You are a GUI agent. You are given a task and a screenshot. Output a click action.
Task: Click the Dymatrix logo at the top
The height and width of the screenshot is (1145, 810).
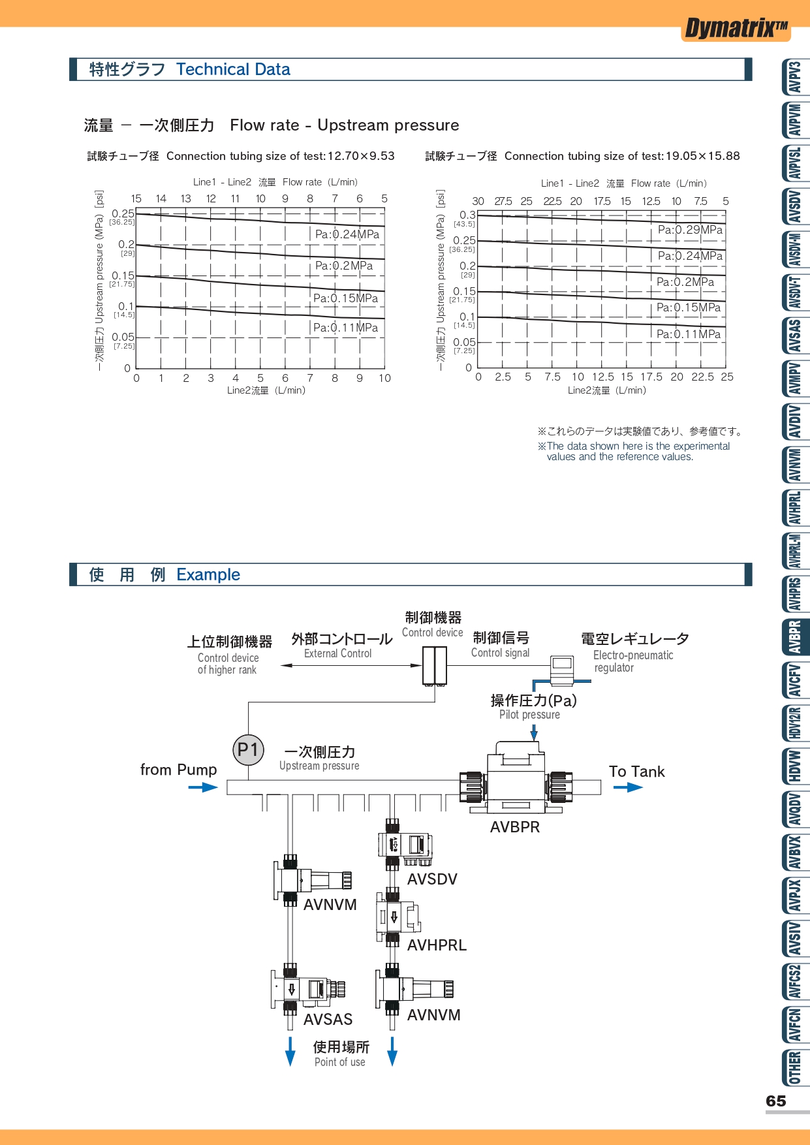coord(736,29)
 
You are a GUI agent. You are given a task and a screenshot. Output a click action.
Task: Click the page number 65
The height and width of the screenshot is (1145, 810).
coord(775,1101)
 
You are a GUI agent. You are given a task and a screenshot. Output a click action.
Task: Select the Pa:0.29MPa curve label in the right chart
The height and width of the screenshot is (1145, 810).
coord(690,230)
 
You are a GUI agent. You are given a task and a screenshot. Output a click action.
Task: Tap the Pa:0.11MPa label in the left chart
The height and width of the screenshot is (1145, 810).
coord(345,328)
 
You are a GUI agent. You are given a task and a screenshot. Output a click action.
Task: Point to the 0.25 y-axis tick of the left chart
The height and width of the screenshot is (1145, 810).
coord(123,213)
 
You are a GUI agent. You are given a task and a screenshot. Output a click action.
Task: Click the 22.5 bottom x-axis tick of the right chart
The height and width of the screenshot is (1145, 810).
coord(702,377)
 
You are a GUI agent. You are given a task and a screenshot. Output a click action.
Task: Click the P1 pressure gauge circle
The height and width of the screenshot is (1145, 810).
coord(248,749)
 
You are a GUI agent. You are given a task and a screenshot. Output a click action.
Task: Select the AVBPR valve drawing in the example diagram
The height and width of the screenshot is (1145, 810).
coord(516,779)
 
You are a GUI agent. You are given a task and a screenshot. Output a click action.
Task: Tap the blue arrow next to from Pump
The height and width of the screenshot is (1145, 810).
coord(203,787)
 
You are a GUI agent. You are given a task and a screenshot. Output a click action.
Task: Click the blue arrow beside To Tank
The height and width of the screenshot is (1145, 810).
coord(628,787)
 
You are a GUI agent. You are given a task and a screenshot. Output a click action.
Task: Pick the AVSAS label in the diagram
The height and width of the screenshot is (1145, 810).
coord(328,1019)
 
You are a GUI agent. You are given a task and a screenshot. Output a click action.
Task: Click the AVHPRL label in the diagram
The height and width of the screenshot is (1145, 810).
coord(437,945)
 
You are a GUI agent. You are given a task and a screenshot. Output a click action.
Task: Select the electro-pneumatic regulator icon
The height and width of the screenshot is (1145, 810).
coord(561,670)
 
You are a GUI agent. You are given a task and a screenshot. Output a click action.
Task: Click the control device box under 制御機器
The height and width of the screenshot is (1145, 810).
coord(435,665)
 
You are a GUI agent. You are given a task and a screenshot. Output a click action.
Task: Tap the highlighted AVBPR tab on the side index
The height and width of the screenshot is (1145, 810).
coord(795,637)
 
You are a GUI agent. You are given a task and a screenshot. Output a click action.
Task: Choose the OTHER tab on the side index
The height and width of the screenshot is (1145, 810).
coord(795,1067)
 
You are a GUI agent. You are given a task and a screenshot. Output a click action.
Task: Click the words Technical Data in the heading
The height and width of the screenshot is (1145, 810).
coord(233,69)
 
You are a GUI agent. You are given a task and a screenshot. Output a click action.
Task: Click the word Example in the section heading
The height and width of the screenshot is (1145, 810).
coord(208,574)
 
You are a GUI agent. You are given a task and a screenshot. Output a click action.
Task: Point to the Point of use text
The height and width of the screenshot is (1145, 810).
coord(339,1062)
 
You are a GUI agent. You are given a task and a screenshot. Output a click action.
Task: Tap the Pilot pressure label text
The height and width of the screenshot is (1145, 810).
coord(529,714)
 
